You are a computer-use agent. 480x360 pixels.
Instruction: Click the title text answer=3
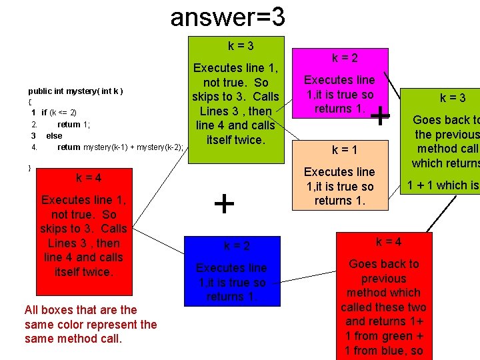point(227,16)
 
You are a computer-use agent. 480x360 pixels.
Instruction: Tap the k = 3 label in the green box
point(240,46)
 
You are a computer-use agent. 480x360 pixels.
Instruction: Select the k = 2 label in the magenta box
point(345,58)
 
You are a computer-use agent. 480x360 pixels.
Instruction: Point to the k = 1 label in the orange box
point(345,150)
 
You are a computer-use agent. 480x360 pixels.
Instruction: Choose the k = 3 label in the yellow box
point(453,98)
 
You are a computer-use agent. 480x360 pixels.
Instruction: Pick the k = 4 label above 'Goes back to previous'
point(388,241)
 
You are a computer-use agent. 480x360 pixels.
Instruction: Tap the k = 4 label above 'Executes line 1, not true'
point(89,178)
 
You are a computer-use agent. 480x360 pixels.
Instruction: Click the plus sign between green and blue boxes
point(224,203)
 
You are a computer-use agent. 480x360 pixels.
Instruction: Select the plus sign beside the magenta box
point(380,117)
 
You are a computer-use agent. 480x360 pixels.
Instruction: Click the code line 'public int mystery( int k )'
point(75,91)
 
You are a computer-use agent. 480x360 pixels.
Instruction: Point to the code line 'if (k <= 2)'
point(59,113)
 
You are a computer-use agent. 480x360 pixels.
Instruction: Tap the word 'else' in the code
point(54,135)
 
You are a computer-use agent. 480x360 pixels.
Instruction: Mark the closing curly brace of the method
point(30,167)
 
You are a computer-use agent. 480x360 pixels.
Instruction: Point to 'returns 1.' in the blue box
point(231,297)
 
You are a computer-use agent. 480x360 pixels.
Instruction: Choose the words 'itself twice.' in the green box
point(236,140)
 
